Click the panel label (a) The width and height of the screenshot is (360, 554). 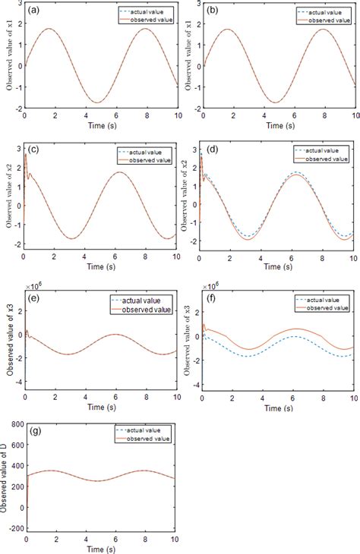tap(34, 11)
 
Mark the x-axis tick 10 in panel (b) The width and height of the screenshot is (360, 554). tap(352, 116)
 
